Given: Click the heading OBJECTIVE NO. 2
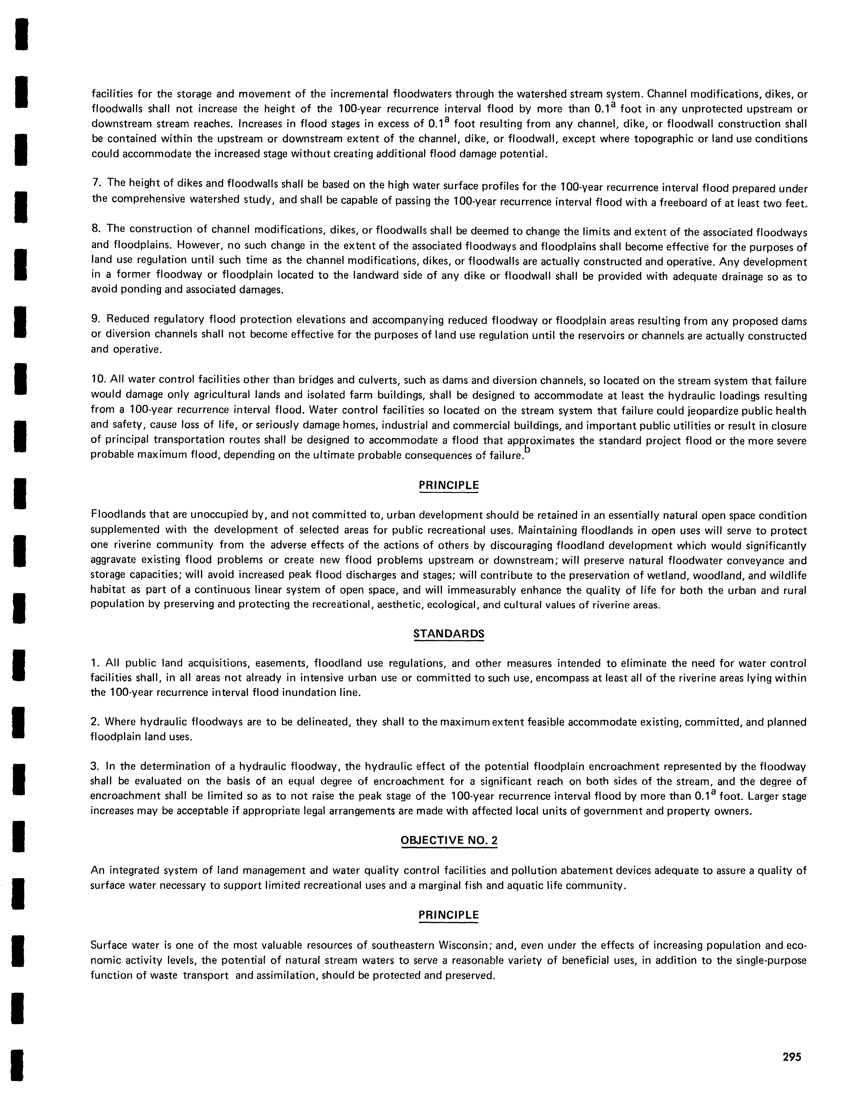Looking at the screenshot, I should tap(449, 840).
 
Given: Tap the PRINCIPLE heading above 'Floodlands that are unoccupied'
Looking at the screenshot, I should tap(449, 485).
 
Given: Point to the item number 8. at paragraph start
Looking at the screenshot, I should tap(96, 229).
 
